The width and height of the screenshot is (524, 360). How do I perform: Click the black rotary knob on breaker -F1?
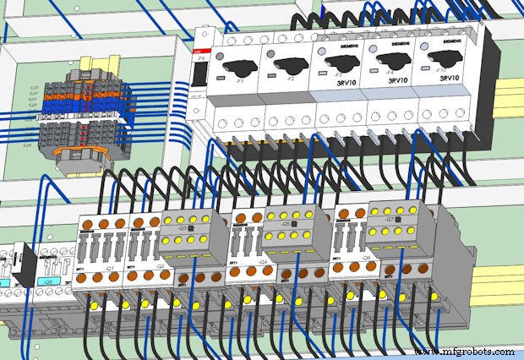[x=239, y=63]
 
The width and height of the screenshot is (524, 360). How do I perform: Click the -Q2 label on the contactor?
[x=158, y=264]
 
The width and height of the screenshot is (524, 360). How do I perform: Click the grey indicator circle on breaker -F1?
[x=222, y=58]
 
